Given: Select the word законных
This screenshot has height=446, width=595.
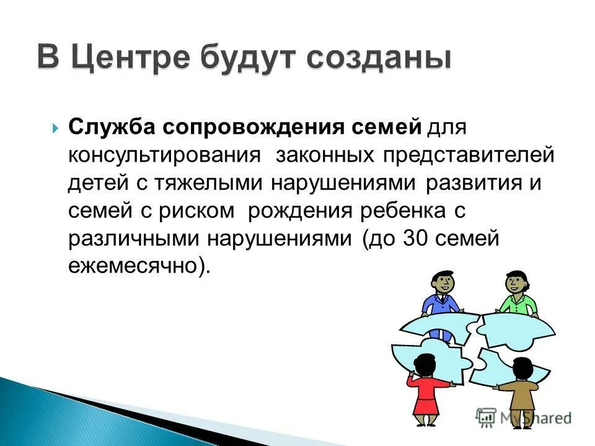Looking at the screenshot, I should [x=325, y=154].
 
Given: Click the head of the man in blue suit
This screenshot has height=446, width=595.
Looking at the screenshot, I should [x=441, y=284].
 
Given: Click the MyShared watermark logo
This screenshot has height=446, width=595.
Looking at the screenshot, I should [x=524, y=417].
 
